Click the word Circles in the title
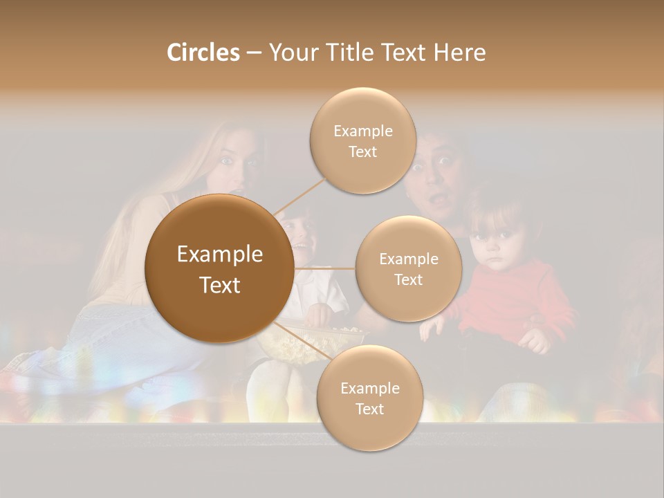[203, 53]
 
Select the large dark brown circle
[219, 268]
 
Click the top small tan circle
[362, 140]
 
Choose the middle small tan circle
[408, 268]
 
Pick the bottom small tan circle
[369, 398]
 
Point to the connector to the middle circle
[325, 268]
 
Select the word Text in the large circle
[219, 285]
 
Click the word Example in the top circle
[362, 131]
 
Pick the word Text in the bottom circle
[369, 409]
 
